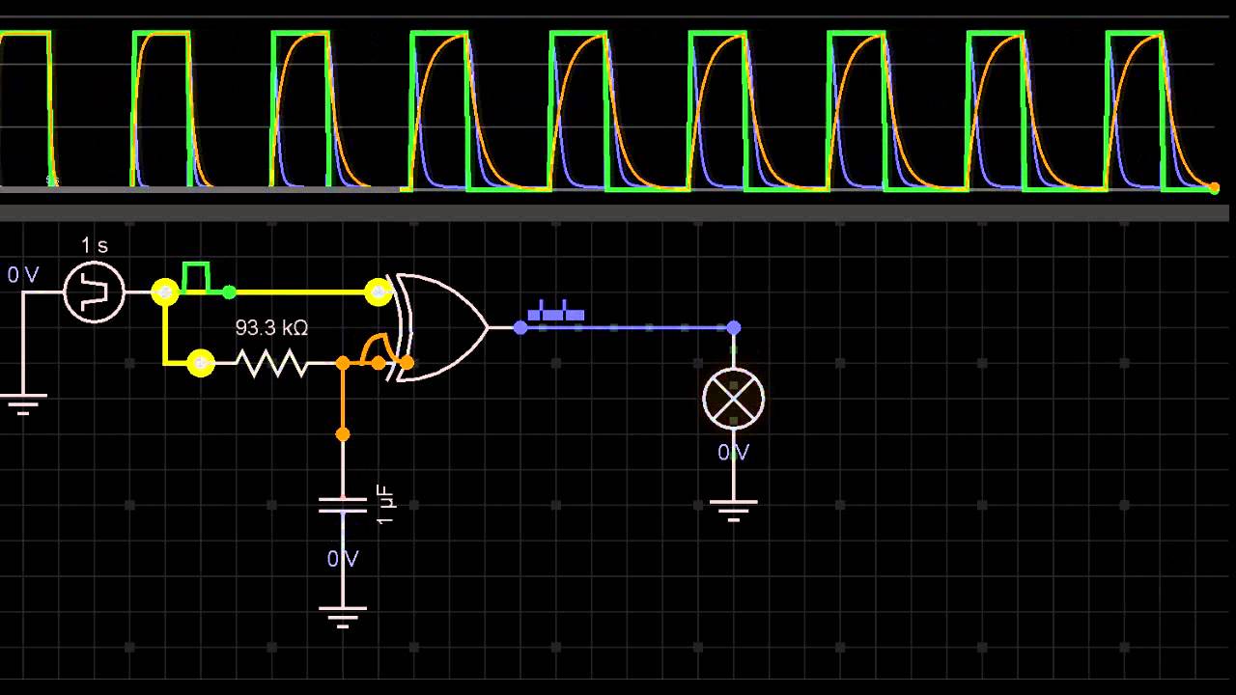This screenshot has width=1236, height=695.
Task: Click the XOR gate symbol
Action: pyautogui.click(x=440, y=327)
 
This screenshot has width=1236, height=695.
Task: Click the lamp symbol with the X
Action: pyautogui.click(x=733, y=398)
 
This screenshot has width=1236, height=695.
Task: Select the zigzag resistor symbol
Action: pyautogui.click(x=272, y=363)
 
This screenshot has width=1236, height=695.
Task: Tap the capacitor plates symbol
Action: pyautogui.click(x=343, y=506)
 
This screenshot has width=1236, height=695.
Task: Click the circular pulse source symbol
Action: pyautogui.click(x=94, y=291)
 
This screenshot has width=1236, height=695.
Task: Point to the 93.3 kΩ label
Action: pyautogui.click(x=271, y=328)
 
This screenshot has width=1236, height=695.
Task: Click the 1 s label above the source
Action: pyautogui.click(x=94, y=245)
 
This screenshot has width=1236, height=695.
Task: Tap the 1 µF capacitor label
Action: pyautogui.click(x=386, y=504)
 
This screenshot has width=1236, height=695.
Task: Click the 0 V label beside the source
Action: pyautogui.click(x=23, y=275)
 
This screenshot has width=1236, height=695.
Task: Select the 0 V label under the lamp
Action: pyautogui.click(x=733, y=453)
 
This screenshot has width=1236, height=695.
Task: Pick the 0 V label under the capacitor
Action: pyautogui.click(x=343, y=559)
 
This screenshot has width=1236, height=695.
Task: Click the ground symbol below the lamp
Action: pyautogui.click(x=733, y=508)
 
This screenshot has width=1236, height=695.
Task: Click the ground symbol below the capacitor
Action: pyautogui.click(x=343, y=615)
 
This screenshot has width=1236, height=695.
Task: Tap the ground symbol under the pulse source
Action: pyautogui.click(x=21, y=403)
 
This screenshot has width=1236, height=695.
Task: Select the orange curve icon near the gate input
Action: pyautogui.click(x=375, y=347)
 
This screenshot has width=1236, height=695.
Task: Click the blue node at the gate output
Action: pyautogui.click(x=520, y=328)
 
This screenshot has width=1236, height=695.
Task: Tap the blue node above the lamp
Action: pyautogui.click(x=733, y=328)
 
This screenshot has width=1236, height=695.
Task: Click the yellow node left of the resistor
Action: pyautogui.click(x=200, y=363)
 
